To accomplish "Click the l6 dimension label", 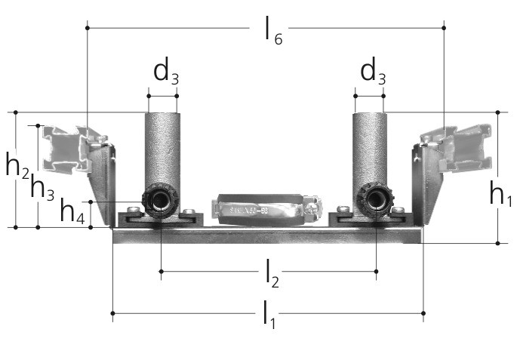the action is [x=273, y=30].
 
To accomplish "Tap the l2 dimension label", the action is [x=272, y=274].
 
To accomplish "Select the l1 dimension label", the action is [x=269, y=314].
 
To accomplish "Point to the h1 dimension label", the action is [x=501, y=194].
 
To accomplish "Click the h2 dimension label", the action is [x=17, y=166].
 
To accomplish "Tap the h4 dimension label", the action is [x=72, y=211].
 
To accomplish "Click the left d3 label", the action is [x=166, y=72].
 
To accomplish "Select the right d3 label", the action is [x=373, y=72].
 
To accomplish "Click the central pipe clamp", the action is [x=266, y=210].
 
